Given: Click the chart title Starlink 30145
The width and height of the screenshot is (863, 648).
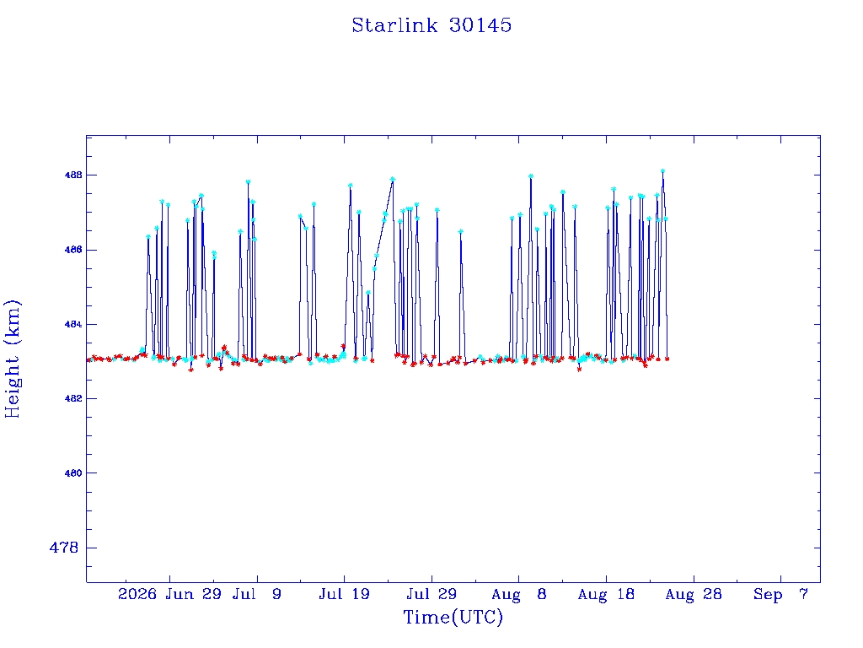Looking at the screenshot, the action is tap(431, 25).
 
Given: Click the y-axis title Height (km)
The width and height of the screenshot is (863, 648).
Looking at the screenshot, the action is tap(12, 359).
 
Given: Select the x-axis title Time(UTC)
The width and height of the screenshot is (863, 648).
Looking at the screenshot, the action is tap(453, 617).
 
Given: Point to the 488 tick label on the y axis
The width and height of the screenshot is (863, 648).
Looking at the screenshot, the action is tap(73, 175).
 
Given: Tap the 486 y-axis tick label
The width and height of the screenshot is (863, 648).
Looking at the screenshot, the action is tap(73, 250).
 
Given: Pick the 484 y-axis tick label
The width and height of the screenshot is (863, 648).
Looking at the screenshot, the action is tap(73, 324).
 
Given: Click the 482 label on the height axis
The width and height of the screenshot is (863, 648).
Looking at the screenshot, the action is tap(73, 398).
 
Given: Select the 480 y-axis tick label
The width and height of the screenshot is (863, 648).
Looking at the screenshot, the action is tap(73, 472).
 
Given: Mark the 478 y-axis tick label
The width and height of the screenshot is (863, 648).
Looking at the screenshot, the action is tap(64, 548).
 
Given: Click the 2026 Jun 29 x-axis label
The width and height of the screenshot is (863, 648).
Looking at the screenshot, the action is tap(169, 594).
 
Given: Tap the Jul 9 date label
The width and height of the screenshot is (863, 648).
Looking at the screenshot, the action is tap(256, 594).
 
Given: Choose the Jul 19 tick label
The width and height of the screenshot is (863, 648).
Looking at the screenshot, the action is tap(344, 594).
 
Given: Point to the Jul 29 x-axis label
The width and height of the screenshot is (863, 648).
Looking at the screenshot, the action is tap(431, 594).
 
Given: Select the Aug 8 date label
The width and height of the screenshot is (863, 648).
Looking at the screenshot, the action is tap(518, 594).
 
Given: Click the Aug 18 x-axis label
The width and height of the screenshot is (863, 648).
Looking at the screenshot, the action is tap(606, 594).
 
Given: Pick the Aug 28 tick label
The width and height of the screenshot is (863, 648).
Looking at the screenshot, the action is tap(694, 594).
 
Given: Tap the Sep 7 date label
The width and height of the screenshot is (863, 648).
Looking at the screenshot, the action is tap(780, 594).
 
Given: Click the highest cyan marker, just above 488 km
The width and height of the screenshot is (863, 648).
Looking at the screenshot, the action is tap(662, 171).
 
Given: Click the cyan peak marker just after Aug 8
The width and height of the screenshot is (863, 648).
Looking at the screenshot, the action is tap(531, 176).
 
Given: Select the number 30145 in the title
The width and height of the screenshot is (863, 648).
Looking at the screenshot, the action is tap(480, 25).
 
